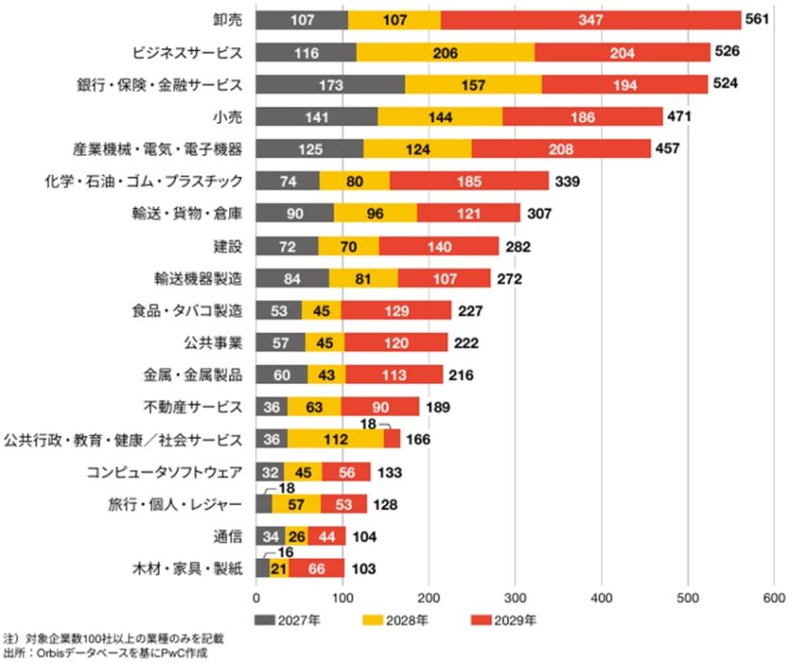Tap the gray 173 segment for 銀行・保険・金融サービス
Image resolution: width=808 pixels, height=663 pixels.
[330, 85]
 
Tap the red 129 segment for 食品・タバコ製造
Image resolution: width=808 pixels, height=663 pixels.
[395, 311]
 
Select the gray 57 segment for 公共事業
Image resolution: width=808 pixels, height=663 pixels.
[281, 343]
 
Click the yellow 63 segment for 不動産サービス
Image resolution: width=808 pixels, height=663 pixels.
[314, 407]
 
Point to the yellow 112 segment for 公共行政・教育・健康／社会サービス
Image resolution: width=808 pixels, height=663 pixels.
[335, 440]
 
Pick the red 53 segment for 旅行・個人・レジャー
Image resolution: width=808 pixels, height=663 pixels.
[343, 504]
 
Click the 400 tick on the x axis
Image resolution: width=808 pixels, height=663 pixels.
[601, 598]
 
